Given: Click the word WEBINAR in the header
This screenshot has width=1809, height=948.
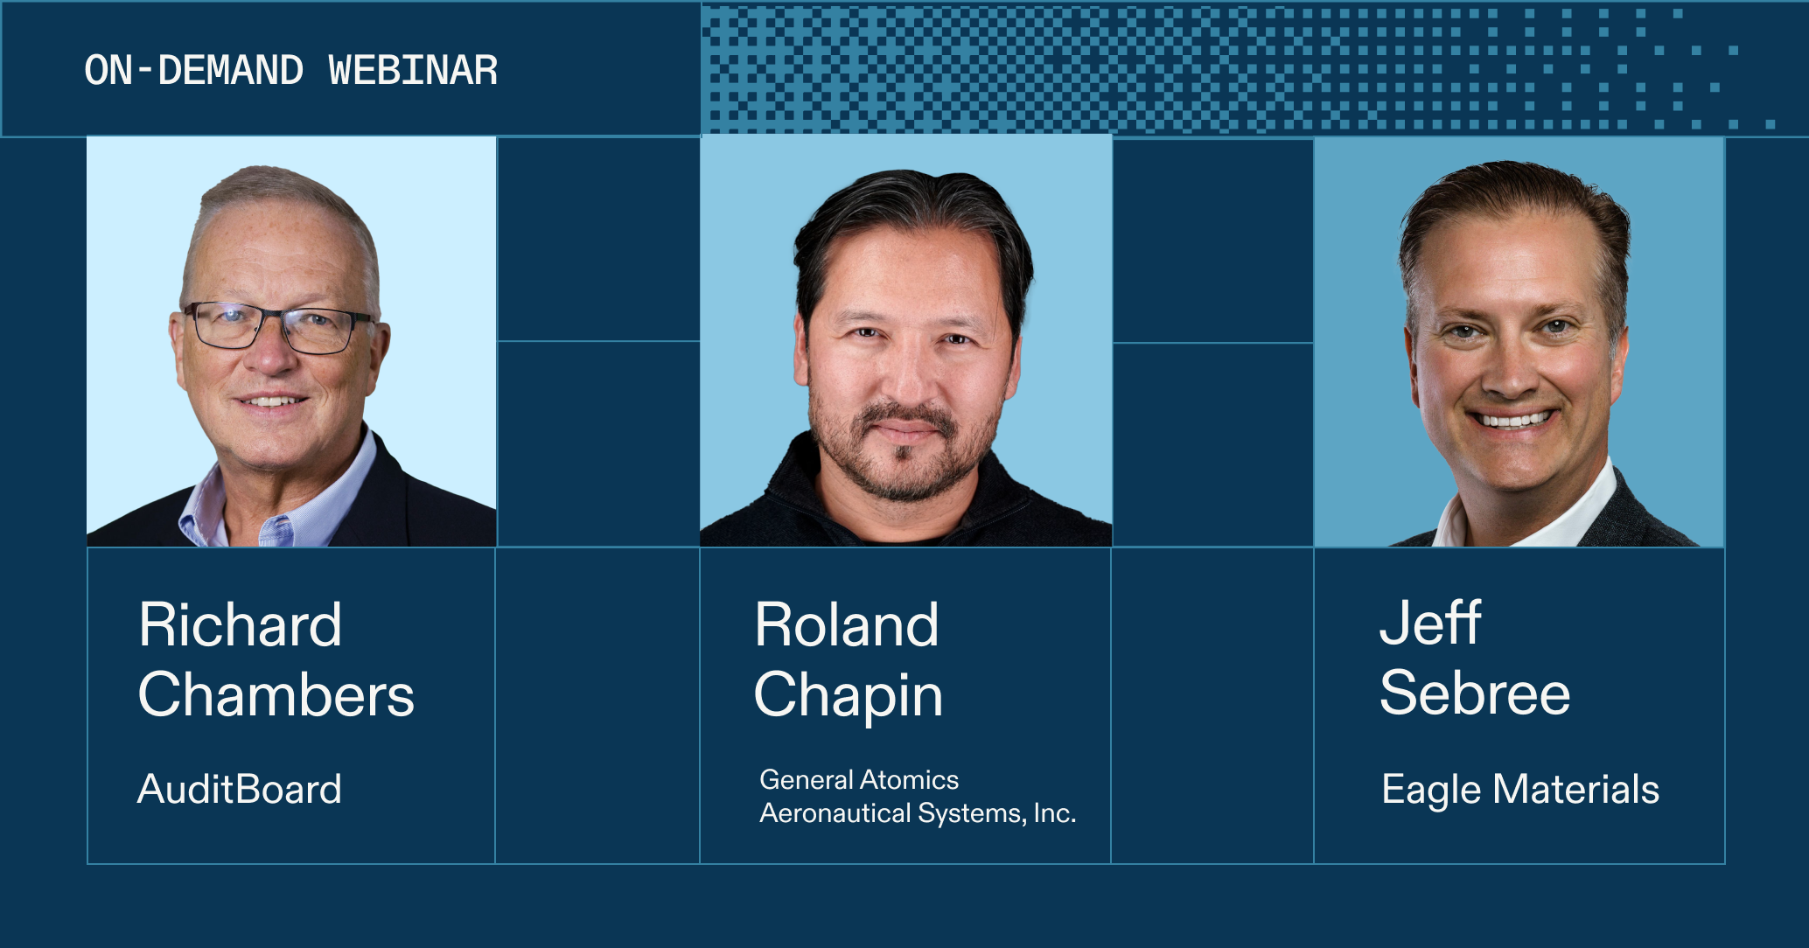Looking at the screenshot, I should pyautogui.click(x=413, y=71).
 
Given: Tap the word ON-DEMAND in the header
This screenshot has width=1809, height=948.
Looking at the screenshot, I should pyautogui.click(x=193, y=71).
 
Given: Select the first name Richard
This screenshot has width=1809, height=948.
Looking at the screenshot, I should pyautogui.click(x=240, y=625).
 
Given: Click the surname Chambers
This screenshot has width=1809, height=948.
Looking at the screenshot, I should pyautogui.click(x=276, y=695).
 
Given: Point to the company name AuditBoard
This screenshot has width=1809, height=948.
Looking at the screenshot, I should pyautogui.click(x=239, y=789).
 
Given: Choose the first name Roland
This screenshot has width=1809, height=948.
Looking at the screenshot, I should pyautogui.click(x=846, y=625).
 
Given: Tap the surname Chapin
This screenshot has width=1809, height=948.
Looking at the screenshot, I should pyautogui.click(x=848, y=697).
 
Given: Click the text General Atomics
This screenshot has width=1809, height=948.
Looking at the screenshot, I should pyautogui.click(x=858, y=779).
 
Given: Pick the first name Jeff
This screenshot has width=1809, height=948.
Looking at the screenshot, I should pyautogui.click(x=1429, y=624).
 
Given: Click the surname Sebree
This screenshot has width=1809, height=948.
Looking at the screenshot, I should pyautogui.click(x=1474, y=694).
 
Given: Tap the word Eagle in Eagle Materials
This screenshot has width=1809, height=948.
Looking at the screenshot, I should pyautogui.click(x=1431, y=790).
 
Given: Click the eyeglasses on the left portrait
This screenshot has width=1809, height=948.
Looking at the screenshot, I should pyautogui.click(x=278, y=327).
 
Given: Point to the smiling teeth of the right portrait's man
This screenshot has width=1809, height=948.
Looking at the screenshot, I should pyautogui.click(x=1514, y=421).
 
